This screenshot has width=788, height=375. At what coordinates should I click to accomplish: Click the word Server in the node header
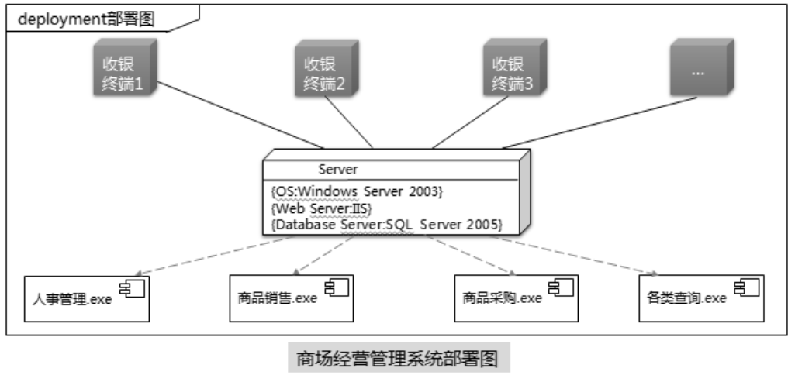338,169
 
